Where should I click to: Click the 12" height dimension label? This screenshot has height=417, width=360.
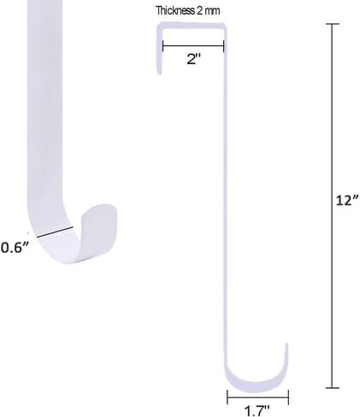coord(347,200)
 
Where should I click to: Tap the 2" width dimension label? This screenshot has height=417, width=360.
coord(194,59)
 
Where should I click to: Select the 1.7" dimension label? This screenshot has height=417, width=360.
coord(257,411)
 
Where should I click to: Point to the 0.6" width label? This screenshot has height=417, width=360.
coord(15,247)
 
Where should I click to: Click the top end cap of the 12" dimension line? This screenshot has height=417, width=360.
coord(333,24)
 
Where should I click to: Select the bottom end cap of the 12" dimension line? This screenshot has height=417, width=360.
coord(333,388)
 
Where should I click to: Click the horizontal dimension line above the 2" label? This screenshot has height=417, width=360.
coord(193,45)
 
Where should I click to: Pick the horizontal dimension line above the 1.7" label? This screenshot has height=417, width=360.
coord(257,397)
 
